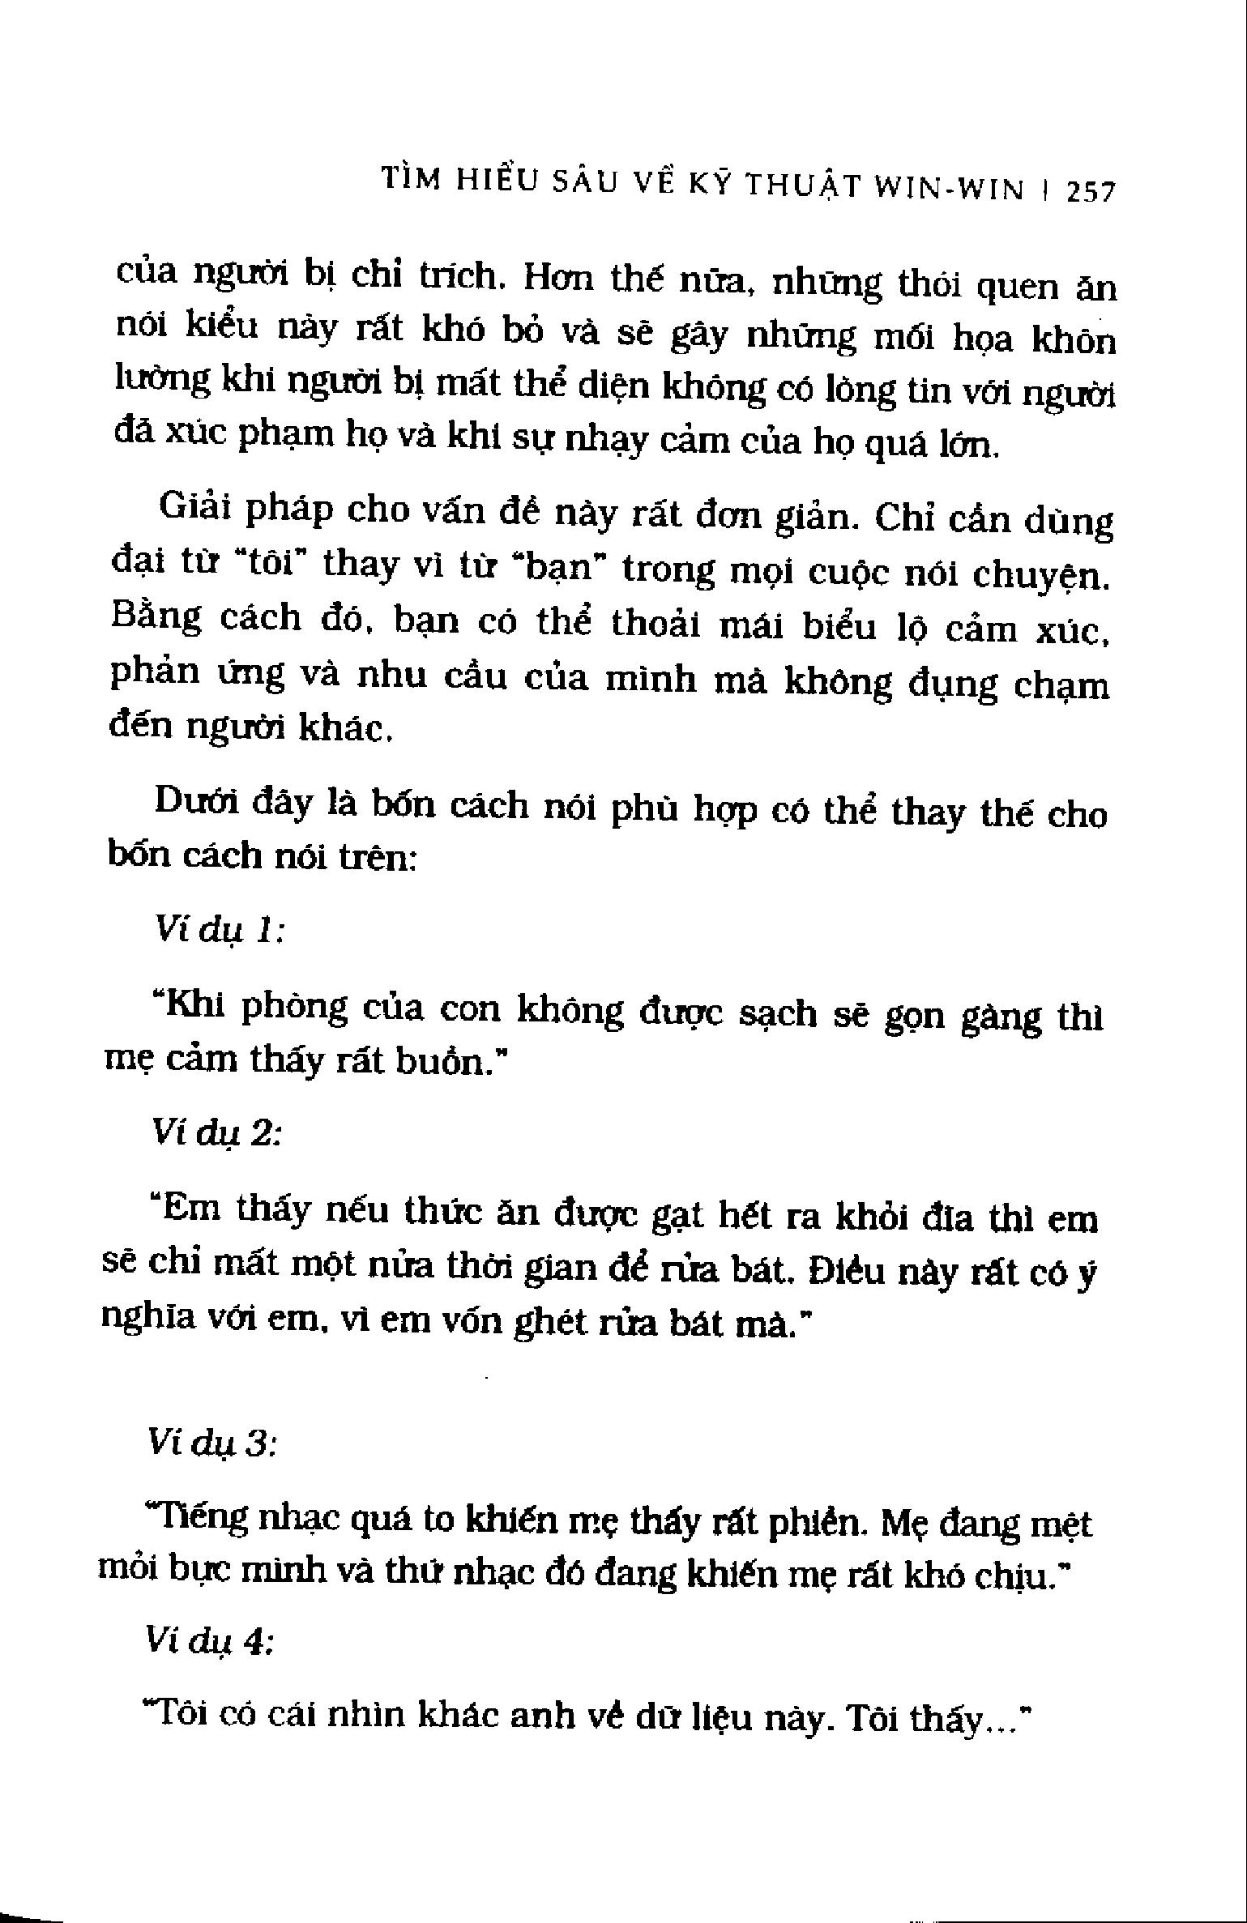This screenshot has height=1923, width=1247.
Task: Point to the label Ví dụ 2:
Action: click(216, 1134)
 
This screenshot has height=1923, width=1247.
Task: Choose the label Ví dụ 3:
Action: click(213, 1443)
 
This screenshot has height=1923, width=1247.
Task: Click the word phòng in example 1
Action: click(297, 1007)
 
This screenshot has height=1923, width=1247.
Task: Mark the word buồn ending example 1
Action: click(444, 1063)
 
